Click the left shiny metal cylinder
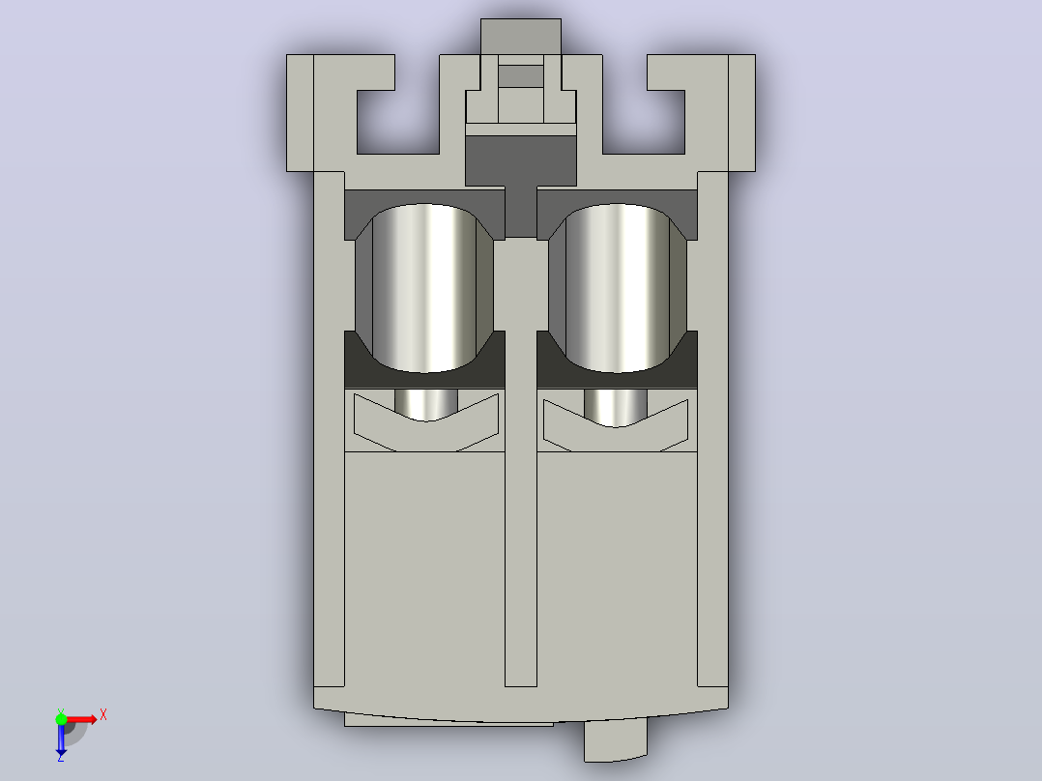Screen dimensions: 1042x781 pos(424,288)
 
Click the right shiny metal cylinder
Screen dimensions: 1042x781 pos(618,288)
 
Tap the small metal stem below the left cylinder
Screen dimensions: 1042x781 pos(426,404)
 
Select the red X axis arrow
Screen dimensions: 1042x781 pos(80,720)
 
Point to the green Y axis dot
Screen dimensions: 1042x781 pos(61,719)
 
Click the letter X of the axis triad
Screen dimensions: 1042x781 pos(103,715)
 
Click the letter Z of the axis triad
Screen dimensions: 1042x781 pos(61,757)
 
